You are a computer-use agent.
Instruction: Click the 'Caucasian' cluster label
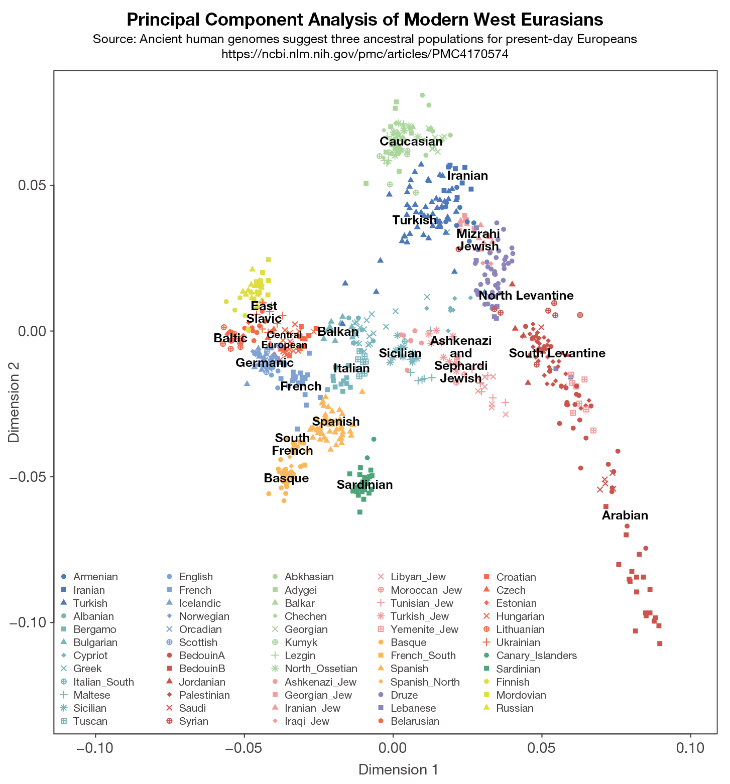[x=411, y=142]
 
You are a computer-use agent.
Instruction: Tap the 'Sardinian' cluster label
[x=364, y=485]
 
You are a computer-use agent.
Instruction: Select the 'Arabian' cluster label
[x=625, y=515]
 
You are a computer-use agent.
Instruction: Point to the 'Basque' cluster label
[x=286, y=478]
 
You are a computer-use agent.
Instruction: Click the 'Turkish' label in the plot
[x=415, y=220]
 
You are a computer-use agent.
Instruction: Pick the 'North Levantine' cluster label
[x=526, y=296]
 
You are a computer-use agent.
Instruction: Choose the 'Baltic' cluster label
[x=230, y=338]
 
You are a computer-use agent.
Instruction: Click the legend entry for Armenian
[x=95, y=577]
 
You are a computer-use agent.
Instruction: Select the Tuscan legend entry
[x=90, y=721]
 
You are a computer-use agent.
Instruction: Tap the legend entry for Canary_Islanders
[x=536, y=656]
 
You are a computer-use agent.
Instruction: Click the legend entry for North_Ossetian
[x=321, y=669]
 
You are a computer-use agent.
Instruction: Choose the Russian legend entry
[x=515, y=708]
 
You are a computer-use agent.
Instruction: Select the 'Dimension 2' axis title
[x=14, y=402]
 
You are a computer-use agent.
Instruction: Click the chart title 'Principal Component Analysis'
[x=365, y=20]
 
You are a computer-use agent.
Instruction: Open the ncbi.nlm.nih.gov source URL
[x=365, y=54]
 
